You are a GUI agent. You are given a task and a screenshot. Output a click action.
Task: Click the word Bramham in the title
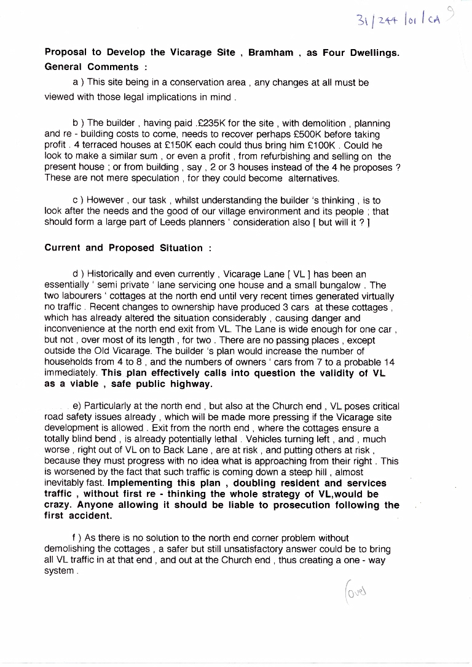[269, 53]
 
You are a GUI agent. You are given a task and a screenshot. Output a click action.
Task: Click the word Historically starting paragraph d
[111, 274]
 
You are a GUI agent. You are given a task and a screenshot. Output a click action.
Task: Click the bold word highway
[191, 384]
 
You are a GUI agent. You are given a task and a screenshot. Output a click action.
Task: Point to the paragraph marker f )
[77, 538]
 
